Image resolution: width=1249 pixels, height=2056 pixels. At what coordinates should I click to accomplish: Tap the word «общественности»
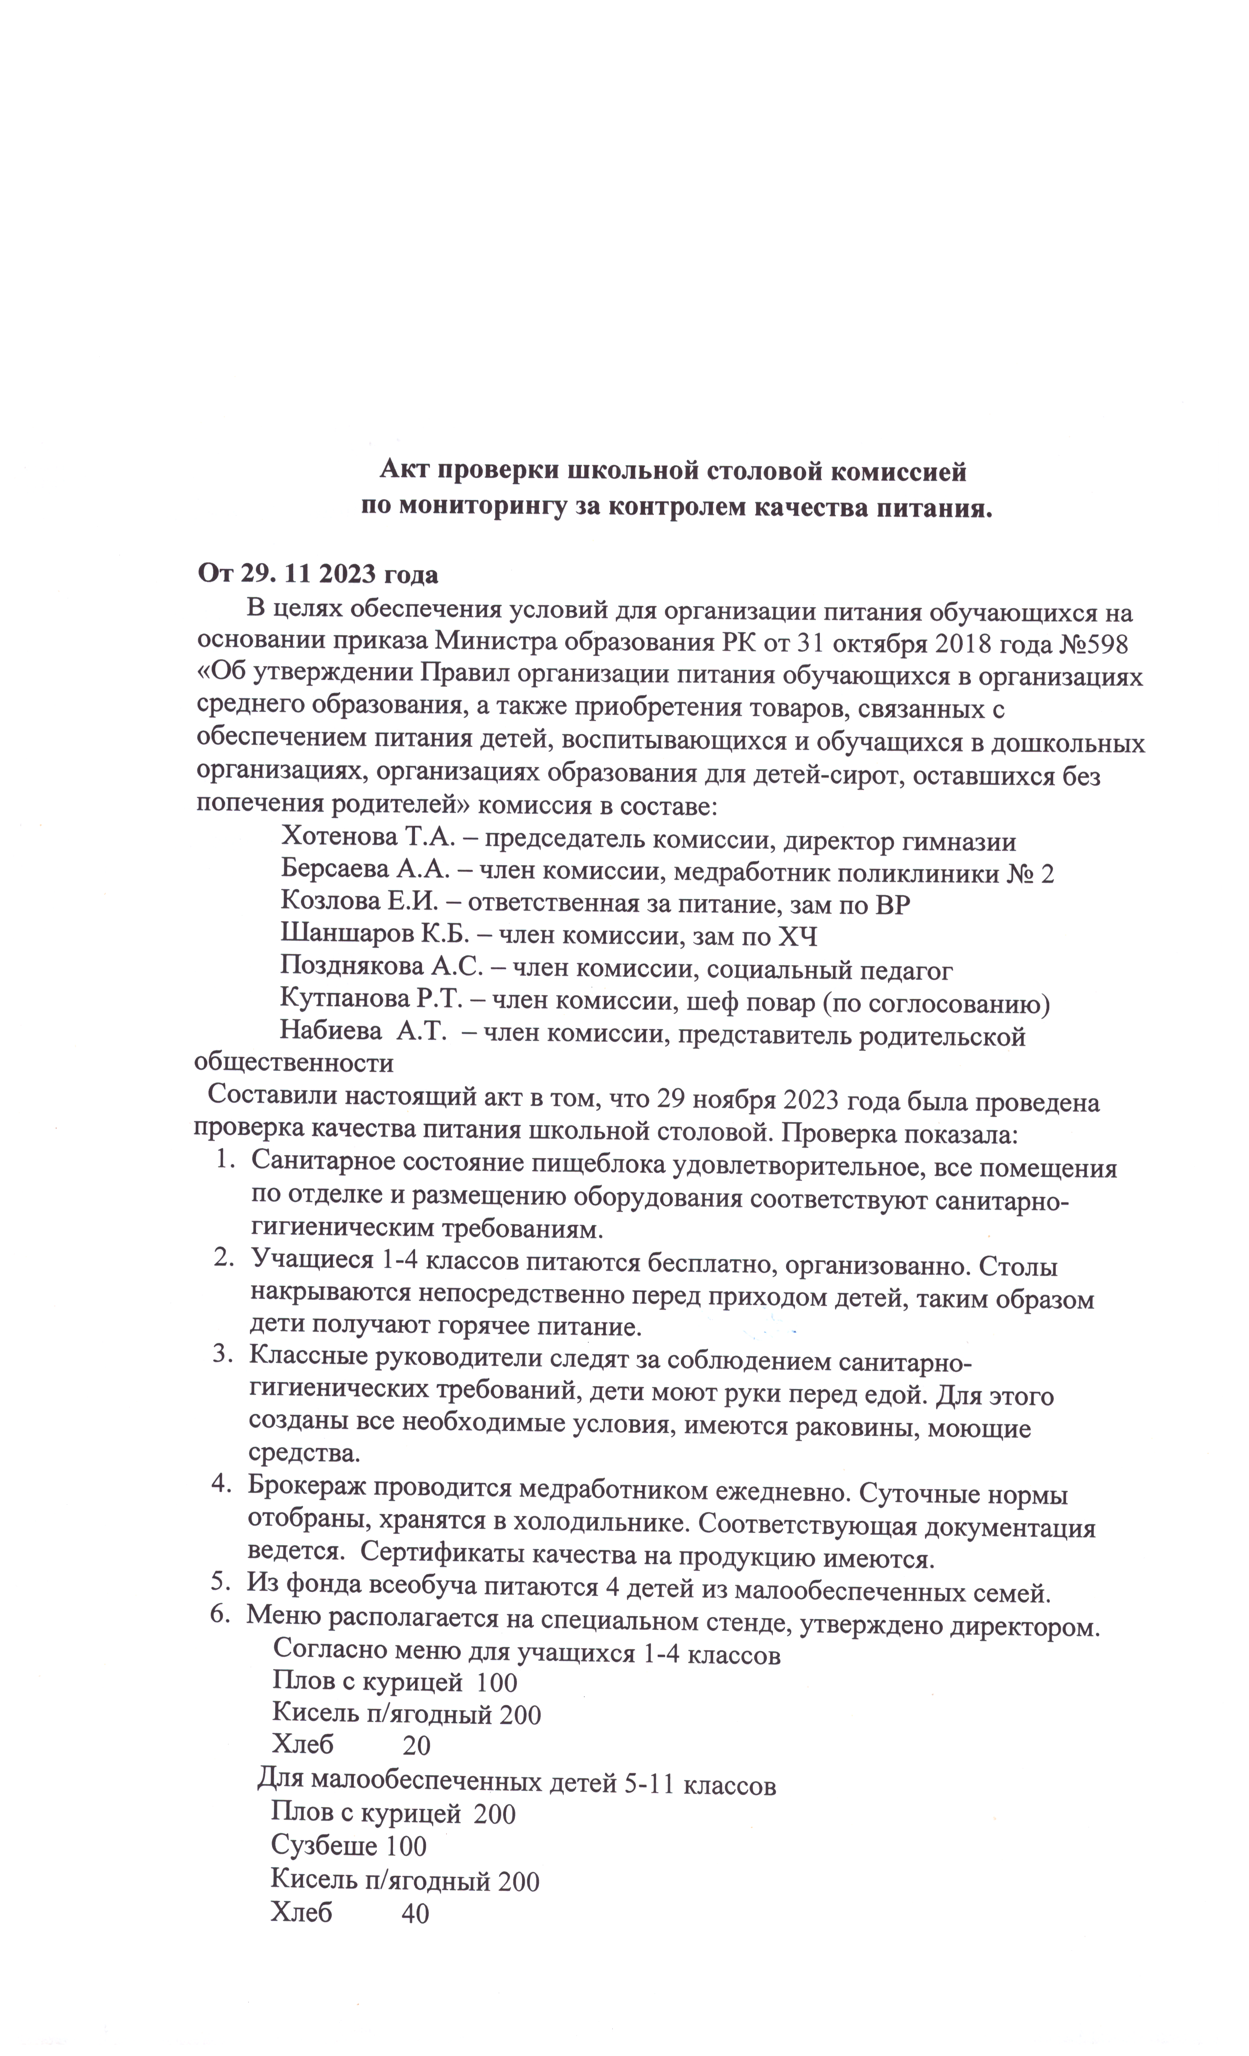294,1065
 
